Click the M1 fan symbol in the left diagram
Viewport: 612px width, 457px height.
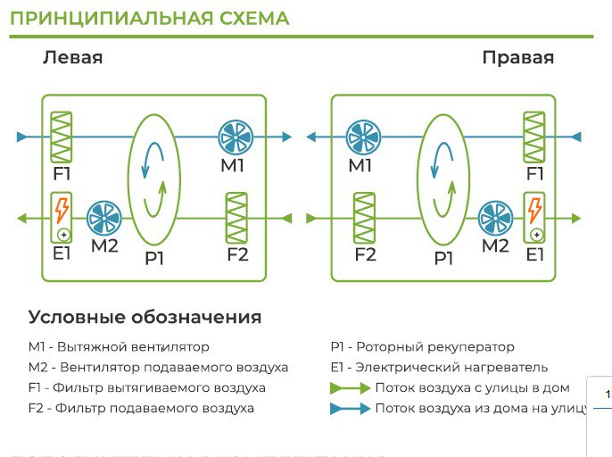(237, 137)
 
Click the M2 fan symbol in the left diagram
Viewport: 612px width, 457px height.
(105, 218)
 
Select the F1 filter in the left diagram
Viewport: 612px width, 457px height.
(62, 136)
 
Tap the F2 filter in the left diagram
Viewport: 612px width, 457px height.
(237, 218)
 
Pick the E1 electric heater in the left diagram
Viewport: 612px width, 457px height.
(62, 218)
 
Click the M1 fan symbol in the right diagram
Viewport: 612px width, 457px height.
(362, 137)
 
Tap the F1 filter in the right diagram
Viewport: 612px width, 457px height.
(534, 136)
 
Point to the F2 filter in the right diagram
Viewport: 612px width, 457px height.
(364, 218)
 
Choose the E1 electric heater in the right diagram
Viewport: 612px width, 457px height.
(534, 218)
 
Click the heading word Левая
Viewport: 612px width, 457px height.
(73, 58)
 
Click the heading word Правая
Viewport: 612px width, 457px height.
(517, 58)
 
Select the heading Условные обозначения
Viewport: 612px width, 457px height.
(145, 317)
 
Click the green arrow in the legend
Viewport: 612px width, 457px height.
(349, 388)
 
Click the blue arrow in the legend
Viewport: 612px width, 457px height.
(349, 409)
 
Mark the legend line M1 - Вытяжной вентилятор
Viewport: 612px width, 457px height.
(119, 346)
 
